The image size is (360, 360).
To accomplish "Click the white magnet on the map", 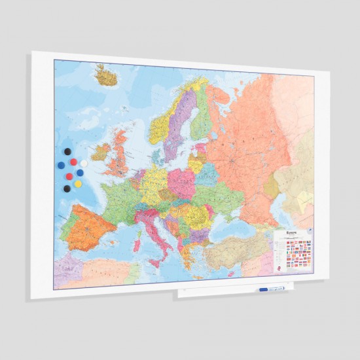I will (83, 163).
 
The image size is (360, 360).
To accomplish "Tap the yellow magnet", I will (78, 184).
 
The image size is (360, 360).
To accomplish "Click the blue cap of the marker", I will (264, 289).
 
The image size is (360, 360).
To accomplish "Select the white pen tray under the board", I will (232, 292).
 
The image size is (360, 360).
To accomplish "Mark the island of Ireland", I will (101, 152).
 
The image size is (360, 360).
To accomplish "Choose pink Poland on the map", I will (181, 181).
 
